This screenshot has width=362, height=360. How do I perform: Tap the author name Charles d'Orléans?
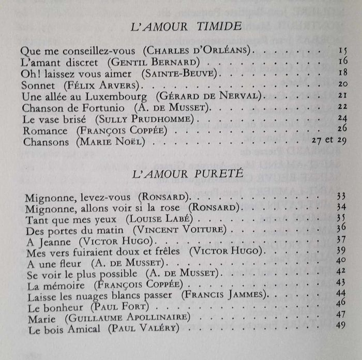198,51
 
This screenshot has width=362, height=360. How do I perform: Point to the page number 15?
342,51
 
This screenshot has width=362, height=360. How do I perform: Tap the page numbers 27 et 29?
325,140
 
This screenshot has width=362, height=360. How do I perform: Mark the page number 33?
340,196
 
